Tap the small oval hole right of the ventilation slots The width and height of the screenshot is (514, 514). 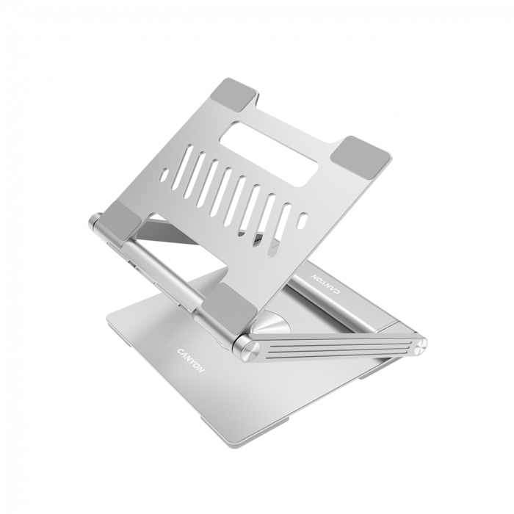302,220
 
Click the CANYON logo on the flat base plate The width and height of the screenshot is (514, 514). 191,355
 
